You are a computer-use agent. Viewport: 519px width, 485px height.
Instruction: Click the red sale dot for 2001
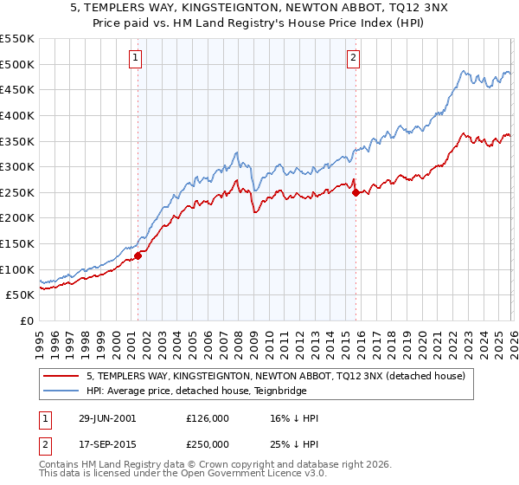coord(138,255)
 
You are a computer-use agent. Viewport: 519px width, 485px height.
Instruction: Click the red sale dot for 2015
coord(356,192)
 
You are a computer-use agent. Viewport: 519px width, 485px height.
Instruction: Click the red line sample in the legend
coord(62,376)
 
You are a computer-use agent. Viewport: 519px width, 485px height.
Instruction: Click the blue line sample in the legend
coord(62,391)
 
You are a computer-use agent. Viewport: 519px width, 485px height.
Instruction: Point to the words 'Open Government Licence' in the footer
coord(258,475)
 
